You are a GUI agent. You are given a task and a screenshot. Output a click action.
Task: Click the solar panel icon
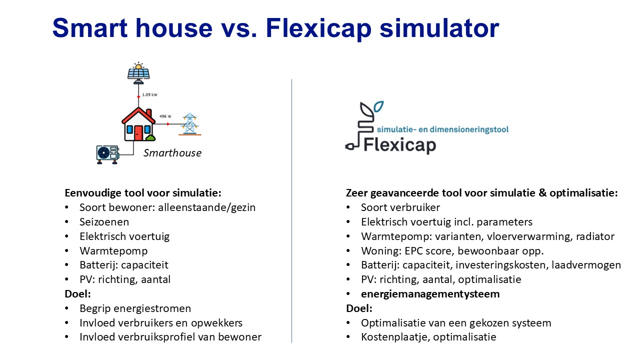[138, 73]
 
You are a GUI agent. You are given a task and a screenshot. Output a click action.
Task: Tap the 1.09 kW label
[149, 94]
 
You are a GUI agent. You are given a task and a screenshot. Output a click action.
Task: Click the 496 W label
[165, 116]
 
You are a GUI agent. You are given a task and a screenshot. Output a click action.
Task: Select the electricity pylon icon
[189, 124]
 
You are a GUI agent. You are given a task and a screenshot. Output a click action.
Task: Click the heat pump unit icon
[107, 154]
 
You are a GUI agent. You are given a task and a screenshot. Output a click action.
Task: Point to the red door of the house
[138, 133]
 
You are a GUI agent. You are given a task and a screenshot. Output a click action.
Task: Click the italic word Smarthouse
[172, 153]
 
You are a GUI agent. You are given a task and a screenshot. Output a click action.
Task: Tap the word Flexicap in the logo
[399, 145]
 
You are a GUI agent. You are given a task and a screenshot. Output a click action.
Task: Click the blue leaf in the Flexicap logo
[379, 106]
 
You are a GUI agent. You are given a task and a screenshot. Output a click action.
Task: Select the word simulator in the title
[439, 28]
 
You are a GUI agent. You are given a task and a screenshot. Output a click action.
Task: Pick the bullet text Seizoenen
[104, 222]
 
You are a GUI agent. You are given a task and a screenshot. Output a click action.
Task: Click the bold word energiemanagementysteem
[430, 294]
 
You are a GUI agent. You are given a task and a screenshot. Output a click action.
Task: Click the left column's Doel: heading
[77, 294]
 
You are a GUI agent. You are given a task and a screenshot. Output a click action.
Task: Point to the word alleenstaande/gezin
[207, 207]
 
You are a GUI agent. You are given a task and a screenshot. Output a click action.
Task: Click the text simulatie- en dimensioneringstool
[443, 129]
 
